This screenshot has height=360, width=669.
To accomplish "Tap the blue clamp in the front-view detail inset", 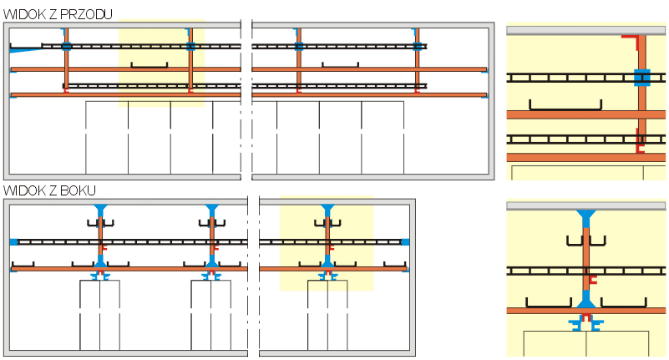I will point(641,78).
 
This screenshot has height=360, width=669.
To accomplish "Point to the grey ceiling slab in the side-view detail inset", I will point(585,205).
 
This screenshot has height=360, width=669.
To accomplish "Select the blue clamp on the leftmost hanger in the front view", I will point(66,46).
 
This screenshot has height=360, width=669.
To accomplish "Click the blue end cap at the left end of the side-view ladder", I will point(14,241).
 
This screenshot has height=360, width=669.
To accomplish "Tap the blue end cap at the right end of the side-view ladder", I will point(405,241).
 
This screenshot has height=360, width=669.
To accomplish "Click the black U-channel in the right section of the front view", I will point(340,64).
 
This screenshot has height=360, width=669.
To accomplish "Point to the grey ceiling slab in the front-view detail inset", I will point(585,30).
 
